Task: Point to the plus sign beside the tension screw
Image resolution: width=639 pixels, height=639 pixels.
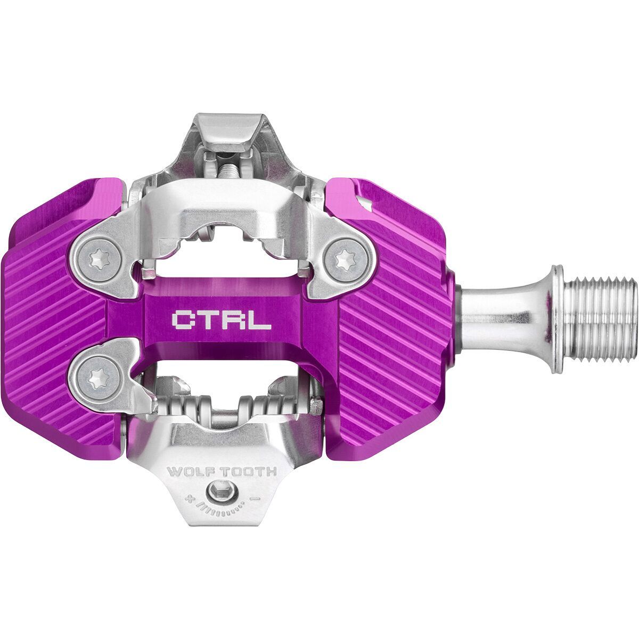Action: click(187, 499)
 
